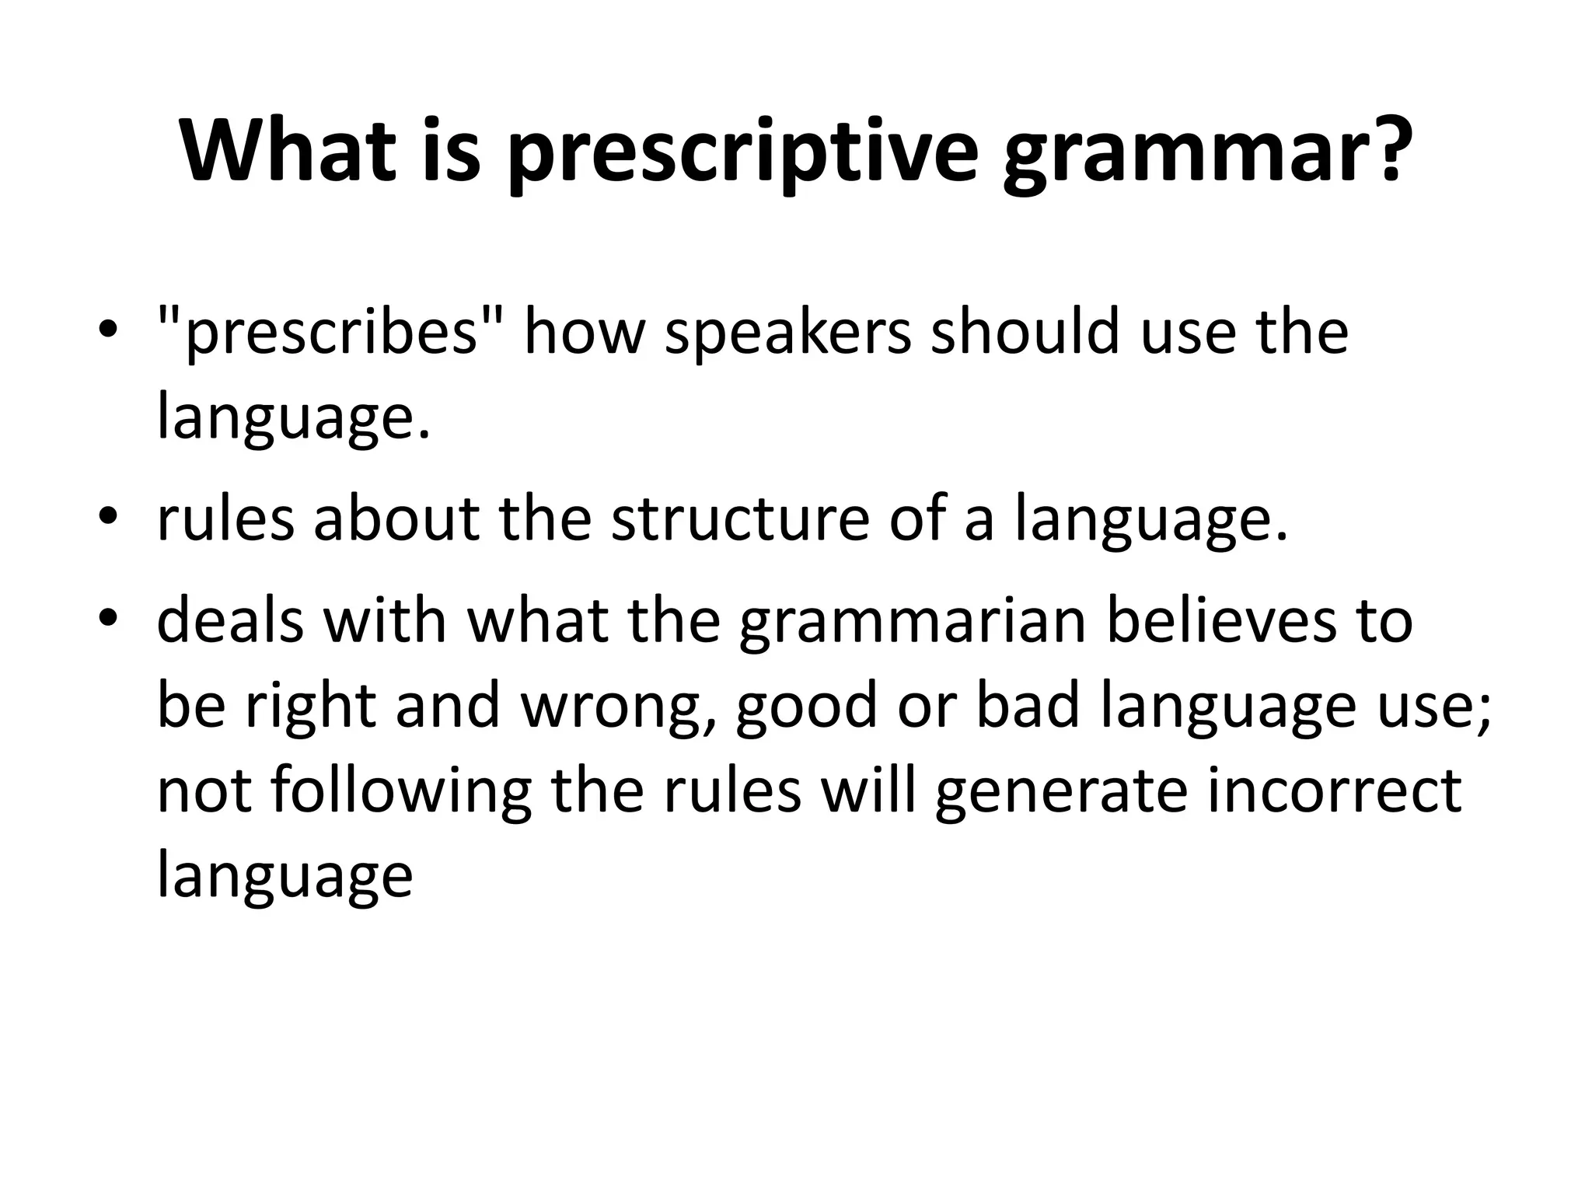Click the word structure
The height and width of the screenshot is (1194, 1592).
[x=739, y=519]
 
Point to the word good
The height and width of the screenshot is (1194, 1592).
[x=805, y=708]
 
